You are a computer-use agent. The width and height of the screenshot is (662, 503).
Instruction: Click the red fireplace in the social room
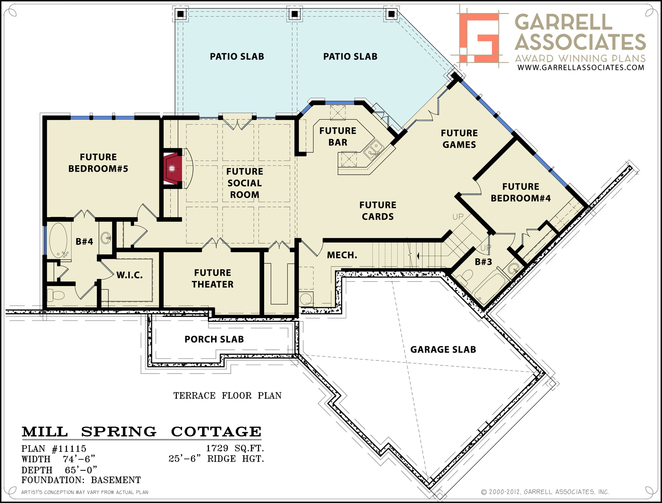click(x=172, y=168)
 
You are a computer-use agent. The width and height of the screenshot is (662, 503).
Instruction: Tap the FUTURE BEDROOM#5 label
click(x=98, y=163)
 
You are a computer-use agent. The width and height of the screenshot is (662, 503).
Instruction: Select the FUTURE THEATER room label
click(x=212, y=278)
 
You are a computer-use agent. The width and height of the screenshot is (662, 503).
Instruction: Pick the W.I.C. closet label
click(x=129, y=275)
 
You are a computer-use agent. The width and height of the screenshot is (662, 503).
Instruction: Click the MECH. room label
click(x=342, y=255)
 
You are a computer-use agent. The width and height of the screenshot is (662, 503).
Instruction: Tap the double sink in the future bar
click(x=373, y=150)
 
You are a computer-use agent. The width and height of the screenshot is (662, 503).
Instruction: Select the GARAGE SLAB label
click(x=443, y=349)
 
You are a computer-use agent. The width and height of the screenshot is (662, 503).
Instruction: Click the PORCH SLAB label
click(x=214, y=339)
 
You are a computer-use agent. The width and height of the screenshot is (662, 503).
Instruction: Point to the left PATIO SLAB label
click(x=237, y=57)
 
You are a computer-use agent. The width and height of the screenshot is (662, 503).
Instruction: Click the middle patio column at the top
click(x=294, y=14)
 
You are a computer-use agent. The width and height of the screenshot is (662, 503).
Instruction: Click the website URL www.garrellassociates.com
click(x=581, y=67)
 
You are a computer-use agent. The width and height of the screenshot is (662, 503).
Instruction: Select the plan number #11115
click(x=69, y=449)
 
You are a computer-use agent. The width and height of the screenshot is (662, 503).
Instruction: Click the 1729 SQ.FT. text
click(x=235, y=448)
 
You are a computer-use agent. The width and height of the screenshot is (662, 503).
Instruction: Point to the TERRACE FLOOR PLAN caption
click(x=227, y=396)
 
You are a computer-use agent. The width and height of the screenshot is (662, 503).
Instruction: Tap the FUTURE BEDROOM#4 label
click(x=520, y=192)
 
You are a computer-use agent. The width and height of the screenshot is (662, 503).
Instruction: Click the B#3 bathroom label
click(x=483, y=262)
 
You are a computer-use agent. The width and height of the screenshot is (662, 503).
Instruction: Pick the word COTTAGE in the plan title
click(x=216, y=432)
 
